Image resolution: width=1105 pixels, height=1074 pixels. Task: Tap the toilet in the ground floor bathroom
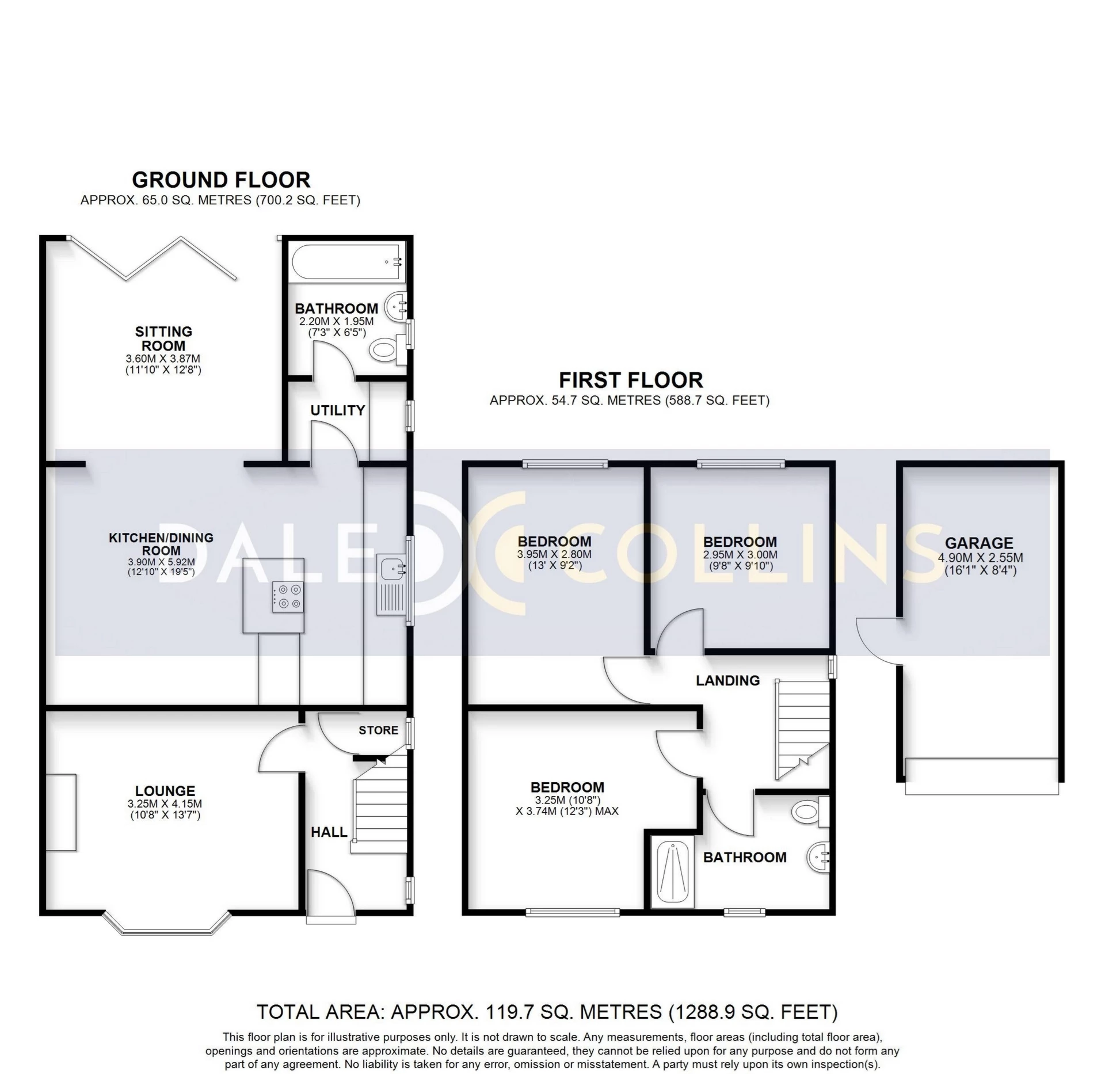coord(387,348)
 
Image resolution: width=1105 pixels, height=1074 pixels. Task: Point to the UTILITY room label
coord(337,410)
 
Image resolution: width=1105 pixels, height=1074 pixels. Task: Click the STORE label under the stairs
coord(378,730)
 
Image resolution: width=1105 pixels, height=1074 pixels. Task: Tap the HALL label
coord(329,832)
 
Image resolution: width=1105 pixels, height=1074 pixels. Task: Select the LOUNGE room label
coord(165,791)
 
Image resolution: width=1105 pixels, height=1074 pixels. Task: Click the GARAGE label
coord(979,543)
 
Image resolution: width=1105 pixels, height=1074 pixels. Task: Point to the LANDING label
coord(727,680)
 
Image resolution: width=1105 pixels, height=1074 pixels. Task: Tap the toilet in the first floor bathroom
coord(810,812)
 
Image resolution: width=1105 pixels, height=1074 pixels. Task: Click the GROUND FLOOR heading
coord(221,180)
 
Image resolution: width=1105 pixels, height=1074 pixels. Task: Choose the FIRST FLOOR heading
coord(631,380)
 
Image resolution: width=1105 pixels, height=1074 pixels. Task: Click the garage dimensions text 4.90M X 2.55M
coord(980,558)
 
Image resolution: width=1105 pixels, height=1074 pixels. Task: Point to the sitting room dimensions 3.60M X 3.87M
coord(163,359)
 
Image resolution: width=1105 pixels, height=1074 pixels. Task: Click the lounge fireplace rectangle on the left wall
coord(61,812)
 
